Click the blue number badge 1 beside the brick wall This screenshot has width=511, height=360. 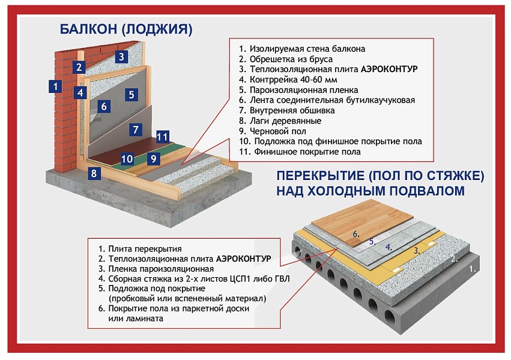click(x=55, y=86)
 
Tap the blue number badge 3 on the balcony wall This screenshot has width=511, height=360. click(x=121, y=57)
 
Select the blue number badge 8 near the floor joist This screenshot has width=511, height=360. click(x=93, y=174)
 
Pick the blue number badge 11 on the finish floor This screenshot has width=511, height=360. click(x=162, y=137)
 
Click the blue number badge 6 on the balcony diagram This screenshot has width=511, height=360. click(x=103, y=107)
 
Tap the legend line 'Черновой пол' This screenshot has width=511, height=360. click(x=272, y=131)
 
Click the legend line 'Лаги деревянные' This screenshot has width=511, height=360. click(x=280, y=121)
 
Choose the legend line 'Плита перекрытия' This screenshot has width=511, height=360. click(x=140, y=248)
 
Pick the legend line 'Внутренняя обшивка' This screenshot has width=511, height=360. click(x=287, y=110)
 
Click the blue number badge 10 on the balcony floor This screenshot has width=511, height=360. click(x=127, y=159)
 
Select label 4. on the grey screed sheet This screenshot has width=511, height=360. click(x=389, y=246)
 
